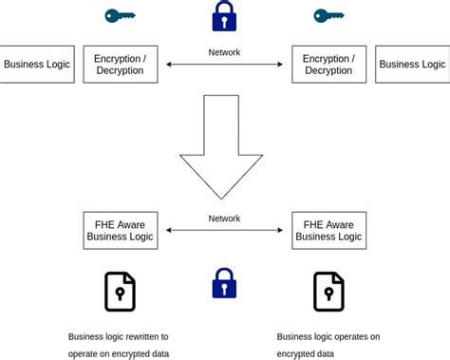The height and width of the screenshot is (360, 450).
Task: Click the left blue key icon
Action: tap(120, 15)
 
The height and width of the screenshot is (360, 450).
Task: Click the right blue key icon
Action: tap(328, 15)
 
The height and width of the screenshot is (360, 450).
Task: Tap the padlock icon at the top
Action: tap(224, 16)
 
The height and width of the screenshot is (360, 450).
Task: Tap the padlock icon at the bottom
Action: tap(224, 283)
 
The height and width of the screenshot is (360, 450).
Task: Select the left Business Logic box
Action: tap(36, 65)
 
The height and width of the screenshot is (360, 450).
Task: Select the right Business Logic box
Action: tap(412, 65)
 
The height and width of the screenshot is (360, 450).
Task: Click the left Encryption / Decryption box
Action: tap(121, 65)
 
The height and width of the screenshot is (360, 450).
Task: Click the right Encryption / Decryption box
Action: tap(328, 65)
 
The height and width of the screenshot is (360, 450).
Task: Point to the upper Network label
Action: tap(224, 53)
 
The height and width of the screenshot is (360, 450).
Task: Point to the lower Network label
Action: tap(224, 218)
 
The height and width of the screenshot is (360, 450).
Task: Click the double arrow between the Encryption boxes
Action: tap(224, 65)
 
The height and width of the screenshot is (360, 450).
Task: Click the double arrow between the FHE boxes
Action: tap(224, 231)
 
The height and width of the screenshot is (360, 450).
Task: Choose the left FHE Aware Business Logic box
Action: tap(121, 231)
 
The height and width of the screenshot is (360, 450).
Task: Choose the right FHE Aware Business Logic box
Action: tap(328, 231)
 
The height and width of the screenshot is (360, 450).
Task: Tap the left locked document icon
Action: tap(121, 292)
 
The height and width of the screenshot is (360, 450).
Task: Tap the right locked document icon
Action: tap(328, 292)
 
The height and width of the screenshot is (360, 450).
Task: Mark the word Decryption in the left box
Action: tap(121, 71)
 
